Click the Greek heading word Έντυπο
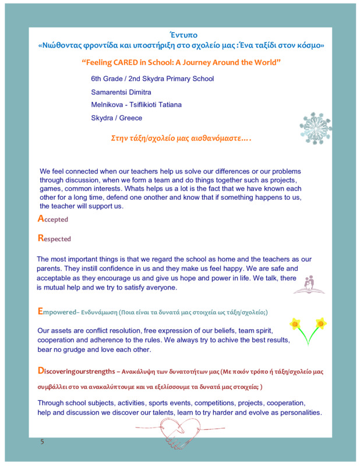click(180, 34)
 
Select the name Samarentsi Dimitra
click(121, 92)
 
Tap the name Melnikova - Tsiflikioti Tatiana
click(136, 105)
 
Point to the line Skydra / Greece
click(117, 118)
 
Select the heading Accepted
click(53, 219)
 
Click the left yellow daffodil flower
click(295, 323)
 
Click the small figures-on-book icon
click(309, 284)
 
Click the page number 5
click(41, 442)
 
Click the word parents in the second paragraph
click(51, 269)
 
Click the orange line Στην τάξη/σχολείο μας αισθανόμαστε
click(181, 139)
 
